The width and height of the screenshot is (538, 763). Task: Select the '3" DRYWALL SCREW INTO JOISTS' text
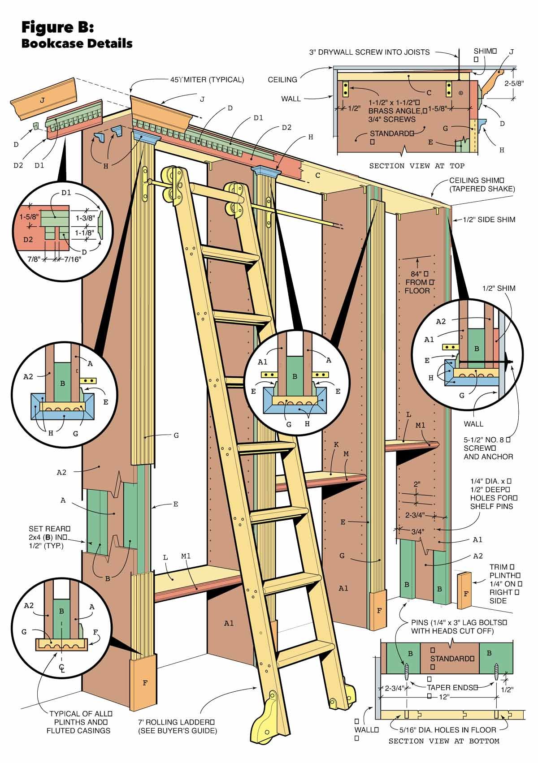369,52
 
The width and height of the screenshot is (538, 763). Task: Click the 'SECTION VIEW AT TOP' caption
417,166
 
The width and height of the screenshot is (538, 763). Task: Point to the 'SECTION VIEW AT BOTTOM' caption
444,741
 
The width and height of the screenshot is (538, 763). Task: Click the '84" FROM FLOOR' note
418,282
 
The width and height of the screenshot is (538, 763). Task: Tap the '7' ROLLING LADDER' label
177,726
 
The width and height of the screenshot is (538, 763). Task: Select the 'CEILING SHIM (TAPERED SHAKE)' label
482,184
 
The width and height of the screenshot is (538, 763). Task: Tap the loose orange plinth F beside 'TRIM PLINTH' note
466,591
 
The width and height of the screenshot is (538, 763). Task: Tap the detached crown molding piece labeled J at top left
43,101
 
